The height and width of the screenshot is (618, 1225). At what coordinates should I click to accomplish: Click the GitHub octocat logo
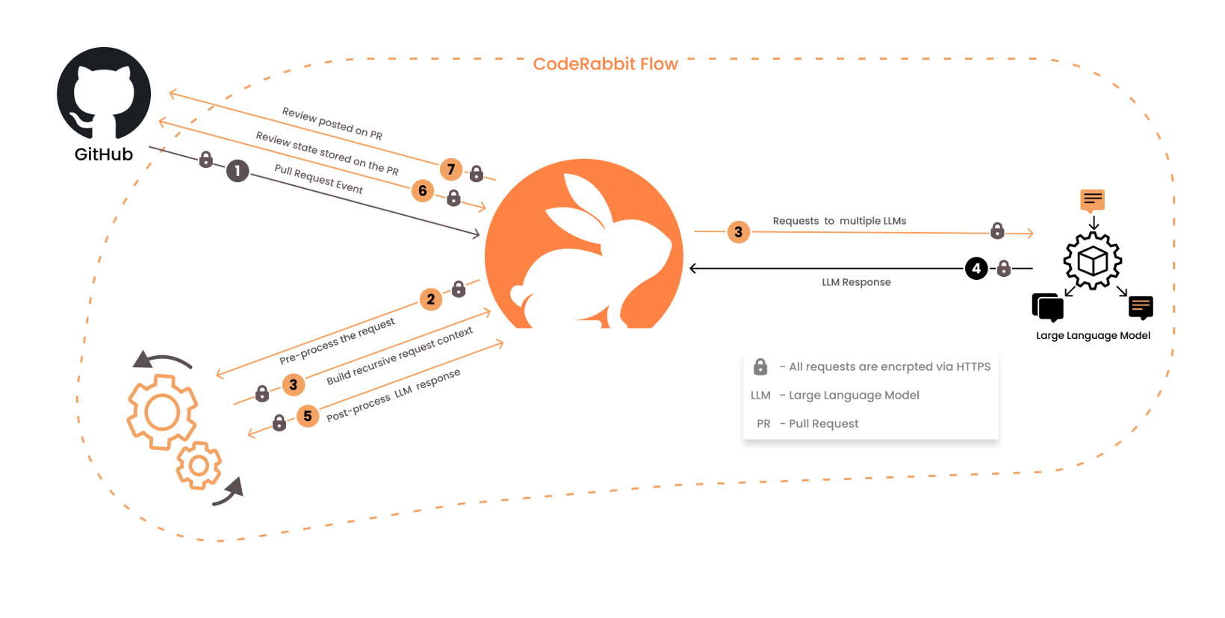click(x=104, y=93)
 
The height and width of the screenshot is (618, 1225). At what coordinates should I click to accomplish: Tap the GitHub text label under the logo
click(x=104, y=154)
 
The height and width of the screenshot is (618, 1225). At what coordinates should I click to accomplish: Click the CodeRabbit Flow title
click(x=605, y=64)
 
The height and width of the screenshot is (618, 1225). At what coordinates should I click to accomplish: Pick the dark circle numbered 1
click(x=238, y=171)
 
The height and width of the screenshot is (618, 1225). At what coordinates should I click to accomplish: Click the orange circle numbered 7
click(x=450, y=169)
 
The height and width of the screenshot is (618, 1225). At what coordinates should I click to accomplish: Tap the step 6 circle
click(x=423, y=191)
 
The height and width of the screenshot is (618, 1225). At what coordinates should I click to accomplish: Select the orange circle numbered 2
click(x=430, y=299)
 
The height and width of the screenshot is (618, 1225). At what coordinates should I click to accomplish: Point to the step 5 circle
click(x=307, y=416)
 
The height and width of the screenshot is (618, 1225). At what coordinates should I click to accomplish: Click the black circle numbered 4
click(x=976, y=268)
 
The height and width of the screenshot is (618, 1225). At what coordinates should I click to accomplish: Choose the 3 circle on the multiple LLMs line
click(x=738, y=232)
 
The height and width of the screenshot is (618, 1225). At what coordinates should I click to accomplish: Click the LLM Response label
click(x=856, y=282)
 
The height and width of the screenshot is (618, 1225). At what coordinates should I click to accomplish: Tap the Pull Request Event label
click(x=319, y=179)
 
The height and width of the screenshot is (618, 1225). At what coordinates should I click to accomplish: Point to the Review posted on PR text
click(x=332, y=124)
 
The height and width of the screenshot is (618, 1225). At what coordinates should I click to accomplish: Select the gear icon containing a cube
click(x=1093, y=260)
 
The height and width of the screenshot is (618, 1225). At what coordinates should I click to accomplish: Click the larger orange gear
click(x=162, y=412)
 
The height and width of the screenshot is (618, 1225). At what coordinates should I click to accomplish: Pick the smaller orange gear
click(x=199, y=465)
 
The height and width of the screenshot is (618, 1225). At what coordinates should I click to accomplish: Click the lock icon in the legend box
click(x=760, y=366)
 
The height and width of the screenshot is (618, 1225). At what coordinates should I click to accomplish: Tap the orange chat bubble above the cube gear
click(x=1092, y=199)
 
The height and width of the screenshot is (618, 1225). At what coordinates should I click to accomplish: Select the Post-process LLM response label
click(x=394, y=395)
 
